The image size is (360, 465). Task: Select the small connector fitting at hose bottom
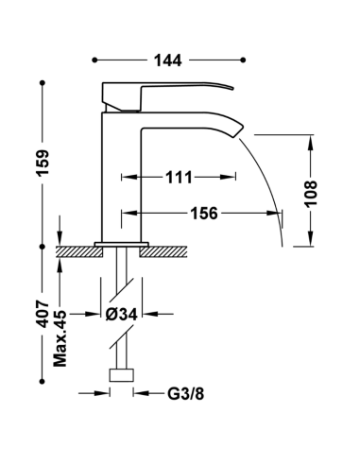[x=120, y=375]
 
